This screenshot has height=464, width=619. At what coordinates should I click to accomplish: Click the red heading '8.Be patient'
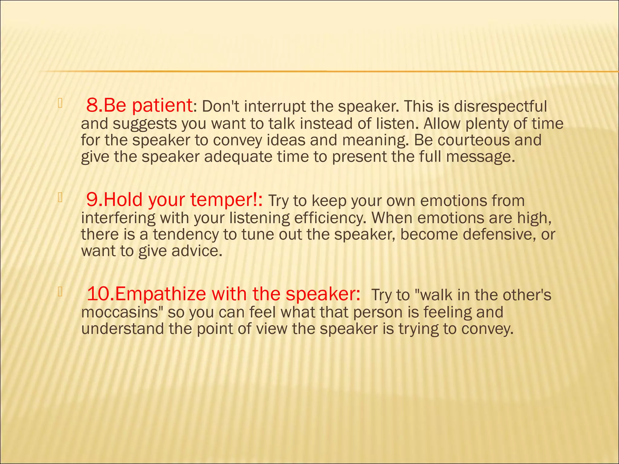[x=139, y=106]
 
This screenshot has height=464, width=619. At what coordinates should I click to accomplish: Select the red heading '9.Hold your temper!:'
[x=174, y=200]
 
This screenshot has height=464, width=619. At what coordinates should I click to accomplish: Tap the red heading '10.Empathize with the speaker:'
[x=223, y=294]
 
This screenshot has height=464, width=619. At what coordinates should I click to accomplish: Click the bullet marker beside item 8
[x=60, y=104]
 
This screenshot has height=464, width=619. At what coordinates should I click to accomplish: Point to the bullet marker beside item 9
[x=60, y=198]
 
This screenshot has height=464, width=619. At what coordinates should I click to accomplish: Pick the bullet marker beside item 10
[x=60, y=292]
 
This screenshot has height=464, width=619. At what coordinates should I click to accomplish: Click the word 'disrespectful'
[x=500, y=106]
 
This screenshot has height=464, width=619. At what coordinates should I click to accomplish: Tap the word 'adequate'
[x=238, y=157]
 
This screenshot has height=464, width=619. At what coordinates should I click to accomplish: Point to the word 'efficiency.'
[x=330, y=218]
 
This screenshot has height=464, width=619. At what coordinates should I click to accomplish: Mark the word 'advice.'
[x=197, y=251]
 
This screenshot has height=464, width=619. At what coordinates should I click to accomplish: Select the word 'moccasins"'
[x=122, y=312]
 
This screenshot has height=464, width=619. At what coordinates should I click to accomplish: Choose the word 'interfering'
[x=118, y=218]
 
